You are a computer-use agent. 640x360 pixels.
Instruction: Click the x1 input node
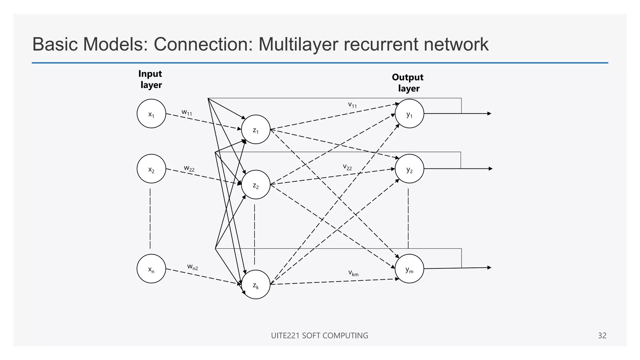coord(151,114)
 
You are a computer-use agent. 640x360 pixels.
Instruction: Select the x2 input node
coord(151,169)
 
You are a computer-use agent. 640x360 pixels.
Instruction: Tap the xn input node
coord(151,269)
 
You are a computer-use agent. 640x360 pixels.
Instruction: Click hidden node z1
coord(256,129)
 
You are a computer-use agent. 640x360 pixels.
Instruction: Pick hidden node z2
coord(256,185)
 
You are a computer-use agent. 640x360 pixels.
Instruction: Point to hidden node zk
coord(256,285)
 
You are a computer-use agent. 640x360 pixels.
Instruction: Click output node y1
coord(409,114)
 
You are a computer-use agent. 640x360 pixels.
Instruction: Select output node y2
coord(409,169)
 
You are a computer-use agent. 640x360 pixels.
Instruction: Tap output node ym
coord(409,269)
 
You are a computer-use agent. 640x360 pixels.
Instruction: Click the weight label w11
coord(187,112)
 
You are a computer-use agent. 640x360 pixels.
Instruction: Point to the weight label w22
coord(189,168)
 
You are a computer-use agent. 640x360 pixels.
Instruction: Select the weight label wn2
coord(192,267)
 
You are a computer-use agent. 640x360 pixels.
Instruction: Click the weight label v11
coord(352,105)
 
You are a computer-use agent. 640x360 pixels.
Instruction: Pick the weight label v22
coord(347,167)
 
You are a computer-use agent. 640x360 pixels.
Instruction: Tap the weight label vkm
coord(353,273)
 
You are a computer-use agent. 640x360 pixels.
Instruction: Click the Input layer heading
coord(150,79)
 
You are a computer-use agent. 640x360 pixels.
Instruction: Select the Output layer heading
coord(408,83)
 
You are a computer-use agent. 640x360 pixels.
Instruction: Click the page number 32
coord(602,336)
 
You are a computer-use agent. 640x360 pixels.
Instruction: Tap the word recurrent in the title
coord(381,44)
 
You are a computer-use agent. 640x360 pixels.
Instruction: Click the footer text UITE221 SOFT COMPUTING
coord(319,336)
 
